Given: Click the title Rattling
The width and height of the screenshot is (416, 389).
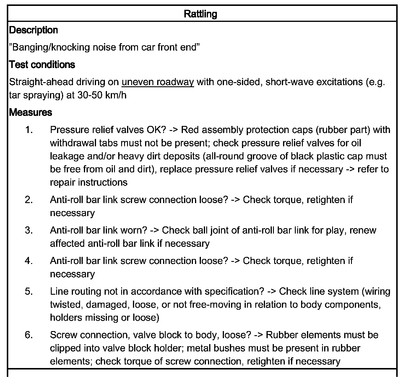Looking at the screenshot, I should click(x=200, y=14).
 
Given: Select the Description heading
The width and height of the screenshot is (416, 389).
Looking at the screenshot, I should click(x=33, y=30).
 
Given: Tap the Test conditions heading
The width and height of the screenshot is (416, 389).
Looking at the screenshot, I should click(x=42, y=65).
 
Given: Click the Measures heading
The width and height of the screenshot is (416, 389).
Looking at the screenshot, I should click(x=30, y=113).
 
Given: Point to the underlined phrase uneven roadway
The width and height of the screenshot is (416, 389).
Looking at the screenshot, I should click(x=157, y=82).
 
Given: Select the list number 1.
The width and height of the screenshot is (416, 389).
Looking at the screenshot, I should click(x=29, y=130).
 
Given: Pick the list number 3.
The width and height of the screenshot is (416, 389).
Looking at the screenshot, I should click(x=29, y=230).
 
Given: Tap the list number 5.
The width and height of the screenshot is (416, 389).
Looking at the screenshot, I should click(x=29, y=291).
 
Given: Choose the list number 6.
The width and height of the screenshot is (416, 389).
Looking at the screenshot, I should click(x=29, y=335).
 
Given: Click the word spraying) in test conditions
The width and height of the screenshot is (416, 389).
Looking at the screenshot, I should click(x=41, y=95).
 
